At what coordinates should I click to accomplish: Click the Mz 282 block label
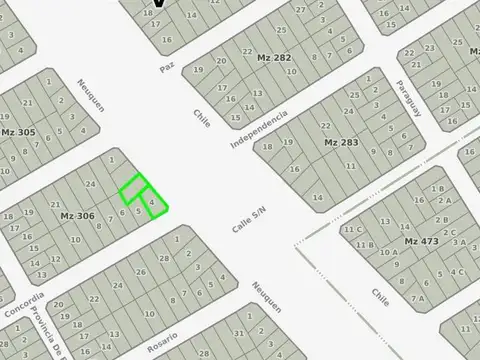(x=275, y=58)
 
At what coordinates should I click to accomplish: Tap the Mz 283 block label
(x=340, y=143)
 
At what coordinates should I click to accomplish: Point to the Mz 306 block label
(x=77, y=216)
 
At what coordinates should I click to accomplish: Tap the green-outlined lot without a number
(x=133, y=187)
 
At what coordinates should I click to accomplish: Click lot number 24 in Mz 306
(x=91, y=184)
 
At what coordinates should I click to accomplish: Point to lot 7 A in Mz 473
(x=418, y=297)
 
